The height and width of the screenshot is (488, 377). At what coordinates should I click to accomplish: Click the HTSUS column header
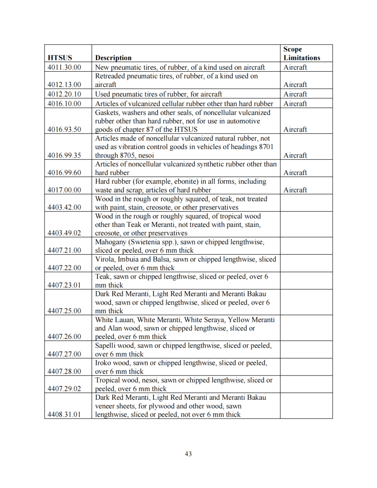(60, 58)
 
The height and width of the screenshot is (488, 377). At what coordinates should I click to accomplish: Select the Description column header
(113, 58)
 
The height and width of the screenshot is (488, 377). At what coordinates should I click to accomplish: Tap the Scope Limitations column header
(301, 53)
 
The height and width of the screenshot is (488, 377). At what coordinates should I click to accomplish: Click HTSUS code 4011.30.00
(64, 67)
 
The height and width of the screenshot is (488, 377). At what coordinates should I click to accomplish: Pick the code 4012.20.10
(64, 94)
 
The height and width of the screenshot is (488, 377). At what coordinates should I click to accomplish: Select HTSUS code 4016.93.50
(64, 129)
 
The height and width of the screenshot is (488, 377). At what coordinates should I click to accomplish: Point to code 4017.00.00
(64, 190)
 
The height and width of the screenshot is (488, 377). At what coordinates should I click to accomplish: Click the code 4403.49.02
(64, 233)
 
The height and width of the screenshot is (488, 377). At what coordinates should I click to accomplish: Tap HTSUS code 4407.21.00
(64, 250)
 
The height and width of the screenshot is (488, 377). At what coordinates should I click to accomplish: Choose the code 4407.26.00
(64, 337)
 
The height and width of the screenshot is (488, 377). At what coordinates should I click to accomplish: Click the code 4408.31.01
(64, 414)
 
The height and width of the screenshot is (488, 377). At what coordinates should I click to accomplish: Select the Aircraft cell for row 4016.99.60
(295, 172)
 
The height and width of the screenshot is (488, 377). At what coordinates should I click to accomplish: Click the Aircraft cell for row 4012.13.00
(295, 84)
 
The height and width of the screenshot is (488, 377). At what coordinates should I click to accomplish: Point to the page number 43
(188, 454)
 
